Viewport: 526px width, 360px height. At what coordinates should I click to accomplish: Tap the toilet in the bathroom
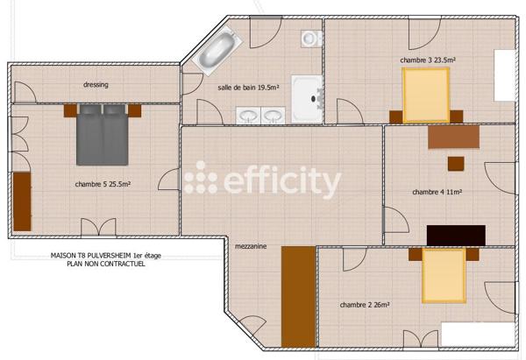tap(309, 38)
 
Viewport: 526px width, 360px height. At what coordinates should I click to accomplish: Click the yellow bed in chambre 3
tap(426, 94)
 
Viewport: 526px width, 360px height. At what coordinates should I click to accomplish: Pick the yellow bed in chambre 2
tap(443, 275)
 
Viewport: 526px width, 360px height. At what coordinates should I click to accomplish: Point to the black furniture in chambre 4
tap(456, 236)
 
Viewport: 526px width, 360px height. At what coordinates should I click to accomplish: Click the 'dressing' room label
tap(96, 85)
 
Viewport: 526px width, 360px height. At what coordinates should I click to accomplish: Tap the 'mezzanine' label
tap(251, 247)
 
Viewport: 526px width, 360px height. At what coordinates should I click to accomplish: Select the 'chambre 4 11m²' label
tap(437, 192)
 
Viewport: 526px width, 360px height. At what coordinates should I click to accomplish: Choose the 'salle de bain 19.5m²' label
tap(248, 88)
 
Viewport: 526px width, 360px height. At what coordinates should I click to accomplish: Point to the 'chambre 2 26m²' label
tap(365, 305)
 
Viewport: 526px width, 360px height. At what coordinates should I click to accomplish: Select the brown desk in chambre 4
tap(453, 137)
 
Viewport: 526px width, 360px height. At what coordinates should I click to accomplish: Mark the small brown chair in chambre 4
tap(456, 164)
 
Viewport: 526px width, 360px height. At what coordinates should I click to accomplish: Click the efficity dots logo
tap(200, 179)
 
